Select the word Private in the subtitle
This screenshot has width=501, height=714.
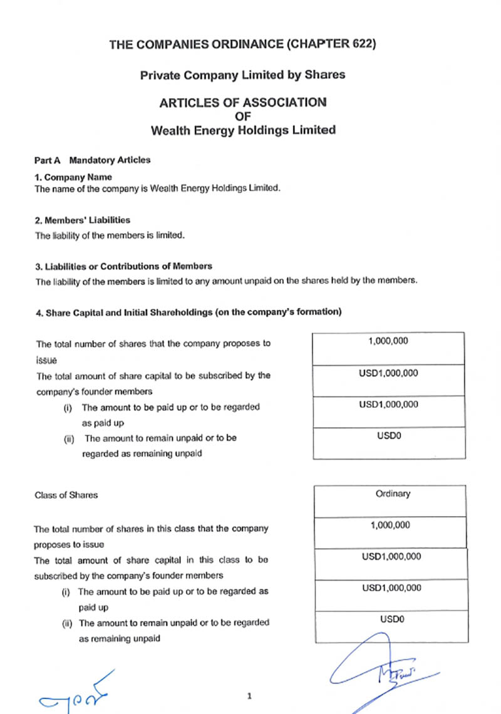coord(160,75)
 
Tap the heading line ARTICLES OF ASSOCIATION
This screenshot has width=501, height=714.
coord(242,102)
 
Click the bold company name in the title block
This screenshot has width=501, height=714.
coord(243,130)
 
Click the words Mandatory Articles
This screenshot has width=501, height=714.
coord(110,160)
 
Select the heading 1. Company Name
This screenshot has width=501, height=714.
coord(73,177)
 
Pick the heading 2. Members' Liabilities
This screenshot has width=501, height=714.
coord(82,220)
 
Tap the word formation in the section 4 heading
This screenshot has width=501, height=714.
coord(317,311)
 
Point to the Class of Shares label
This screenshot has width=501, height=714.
coord(66,495)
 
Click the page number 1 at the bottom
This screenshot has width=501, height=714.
coord(249,696)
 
